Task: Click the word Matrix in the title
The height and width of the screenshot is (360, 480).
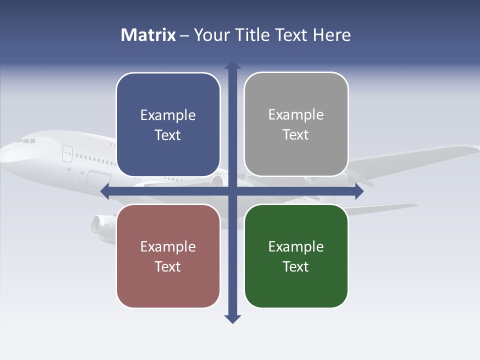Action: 148,35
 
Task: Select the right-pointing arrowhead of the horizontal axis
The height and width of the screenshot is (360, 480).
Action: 358,191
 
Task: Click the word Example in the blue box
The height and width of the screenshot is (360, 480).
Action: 168,115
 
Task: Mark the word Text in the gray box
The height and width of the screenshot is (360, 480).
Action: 296,135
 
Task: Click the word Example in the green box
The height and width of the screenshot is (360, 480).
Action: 296,246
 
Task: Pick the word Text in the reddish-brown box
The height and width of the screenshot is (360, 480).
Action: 168,266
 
